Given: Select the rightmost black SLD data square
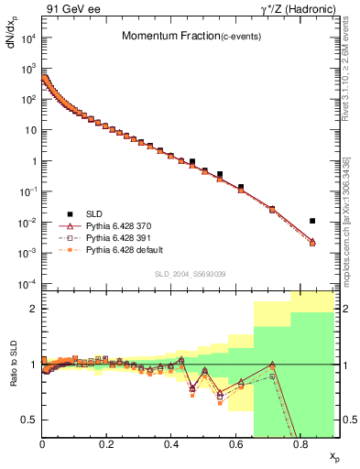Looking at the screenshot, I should point(312,221).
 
